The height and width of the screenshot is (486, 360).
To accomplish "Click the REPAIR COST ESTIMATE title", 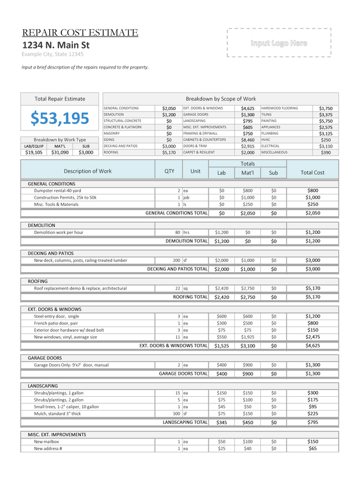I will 80,33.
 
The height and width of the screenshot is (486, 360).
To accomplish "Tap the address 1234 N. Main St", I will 55,45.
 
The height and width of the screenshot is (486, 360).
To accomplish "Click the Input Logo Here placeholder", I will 279,43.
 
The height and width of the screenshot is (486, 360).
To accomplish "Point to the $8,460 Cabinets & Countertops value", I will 247,139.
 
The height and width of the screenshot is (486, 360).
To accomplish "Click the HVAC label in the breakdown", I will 267,139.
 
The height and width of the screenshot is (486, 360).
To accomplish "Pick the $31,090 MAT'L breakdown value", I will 60,152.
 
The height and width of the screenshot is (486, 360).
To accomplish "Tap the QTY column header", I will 169,171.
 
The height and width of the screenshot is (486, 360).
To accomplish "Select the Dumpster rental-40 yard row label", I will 58,191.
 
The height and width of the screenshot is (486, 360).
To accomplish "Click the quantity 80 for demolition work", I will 178,232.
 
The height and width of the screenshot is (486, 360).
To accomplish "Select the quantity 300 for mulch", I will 176,413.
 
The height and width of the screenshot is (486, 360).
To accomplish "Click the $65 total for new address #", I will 312,448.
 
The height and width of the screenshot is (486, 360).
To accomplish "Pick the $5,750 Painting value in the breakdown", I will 325,121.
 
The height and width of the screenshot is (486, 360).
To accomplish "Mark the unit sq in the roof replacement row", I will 186,288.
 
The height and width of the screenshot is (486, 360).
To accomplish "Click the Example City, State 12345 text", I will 47,54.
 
